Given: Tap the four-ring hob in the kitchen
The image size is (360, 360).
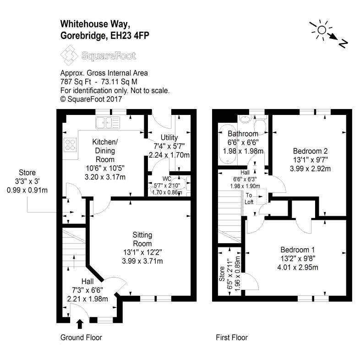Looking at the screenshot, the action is tap(71, 145).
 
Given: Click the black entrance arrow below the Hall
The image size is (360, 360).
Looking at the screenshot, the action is tap(80, 324).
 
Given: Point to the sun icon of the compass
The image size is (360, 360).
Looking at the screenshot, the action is tap(321, 30).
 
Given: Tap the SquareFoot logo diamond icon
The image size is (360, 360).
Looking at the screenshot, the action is tap(69, 57).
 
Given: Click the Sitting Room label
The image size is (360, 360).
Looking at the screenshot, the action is tap(142, 239).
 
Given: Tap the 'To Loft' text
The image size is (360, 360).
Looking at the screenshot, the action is tap(249, 198).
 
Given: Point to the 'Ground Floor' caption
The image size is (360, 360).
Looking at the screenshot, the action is tap(81, 338).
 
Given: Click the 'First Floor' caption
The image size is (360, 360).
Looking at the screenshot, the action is tap(232, 338).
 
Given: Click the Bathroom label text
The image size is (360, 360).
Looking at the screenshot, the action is tap(243, 134).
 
